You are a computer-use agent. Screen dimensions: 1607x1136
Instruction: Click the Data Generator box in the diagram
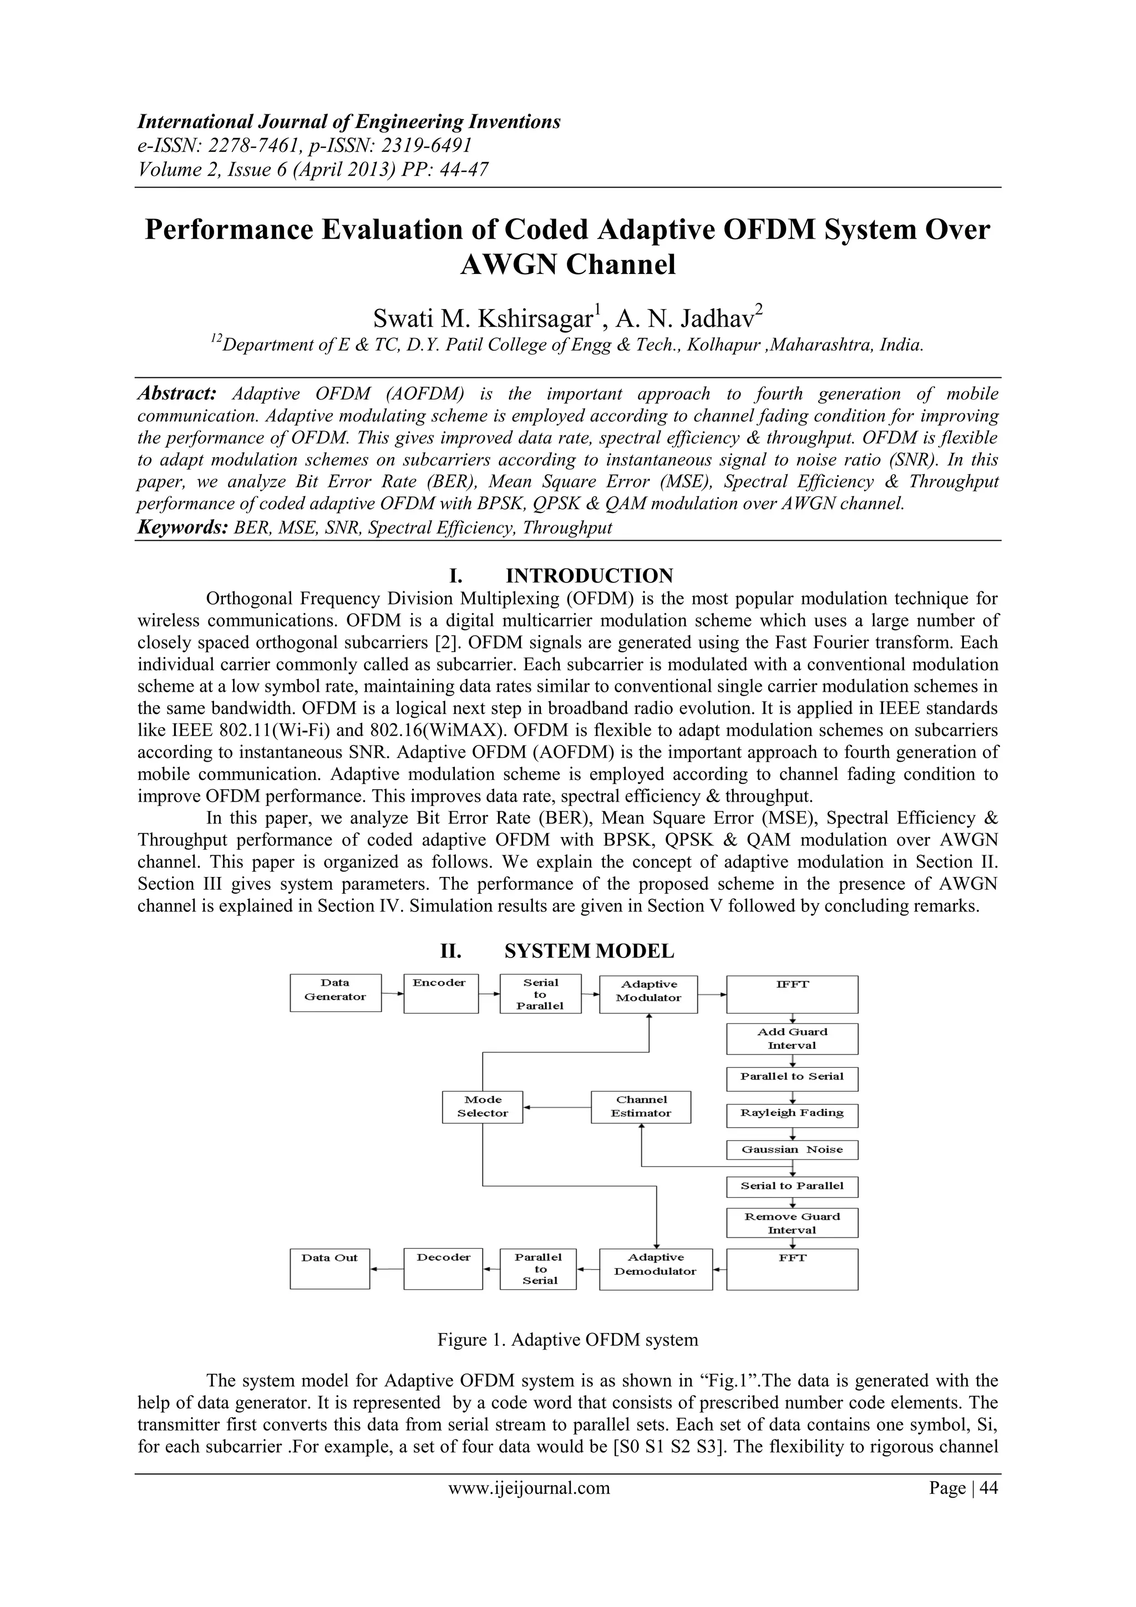pyautogui.click(x=335, y=992)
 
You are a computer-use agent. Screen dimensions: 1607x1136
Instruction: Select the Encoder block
pyautogui.click(x=441, y=993)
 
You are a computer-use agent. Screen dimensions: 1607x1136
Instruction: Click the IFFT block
pyautogui.click(x=792, y=994)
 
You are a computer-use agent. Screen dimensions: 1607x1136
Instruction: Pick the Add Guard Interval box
pyautogui.click(x=792, y=1038)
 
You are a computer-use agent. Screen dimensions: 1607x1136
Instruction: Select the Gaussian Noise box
pyautogui.click(x=792, y=1149)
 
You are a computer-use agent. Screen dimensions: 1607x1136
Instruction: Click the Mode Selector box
pyautogui.click(x=482, y=1107)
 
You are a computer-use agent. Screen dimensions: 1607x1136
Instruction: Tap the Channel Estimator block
pyautogui.click(x=641, y=1107)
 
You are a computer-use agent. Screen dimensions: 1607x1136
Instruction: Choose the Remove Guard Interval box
pyautogui.click(x=792, y=1223)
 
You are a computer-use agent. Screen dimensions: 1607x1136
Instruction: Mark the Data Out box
pyautogui.click(x=329, y=1268)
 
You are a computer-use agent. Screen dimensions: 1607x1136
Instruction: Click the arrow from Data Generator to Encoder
pyautogui.click(x=393, y=992)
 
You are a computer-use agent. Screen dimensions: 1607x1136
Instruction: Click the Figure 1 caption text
pyautogui.click(x=567, y=1340)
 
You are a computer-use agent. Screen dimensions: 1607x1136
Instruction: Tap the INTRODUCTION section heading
pyautogui.click(x=589, y=576)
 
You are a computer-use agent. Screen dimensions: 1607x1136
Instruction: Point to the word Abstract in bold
pyautogui.click(x=177, y=393)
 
